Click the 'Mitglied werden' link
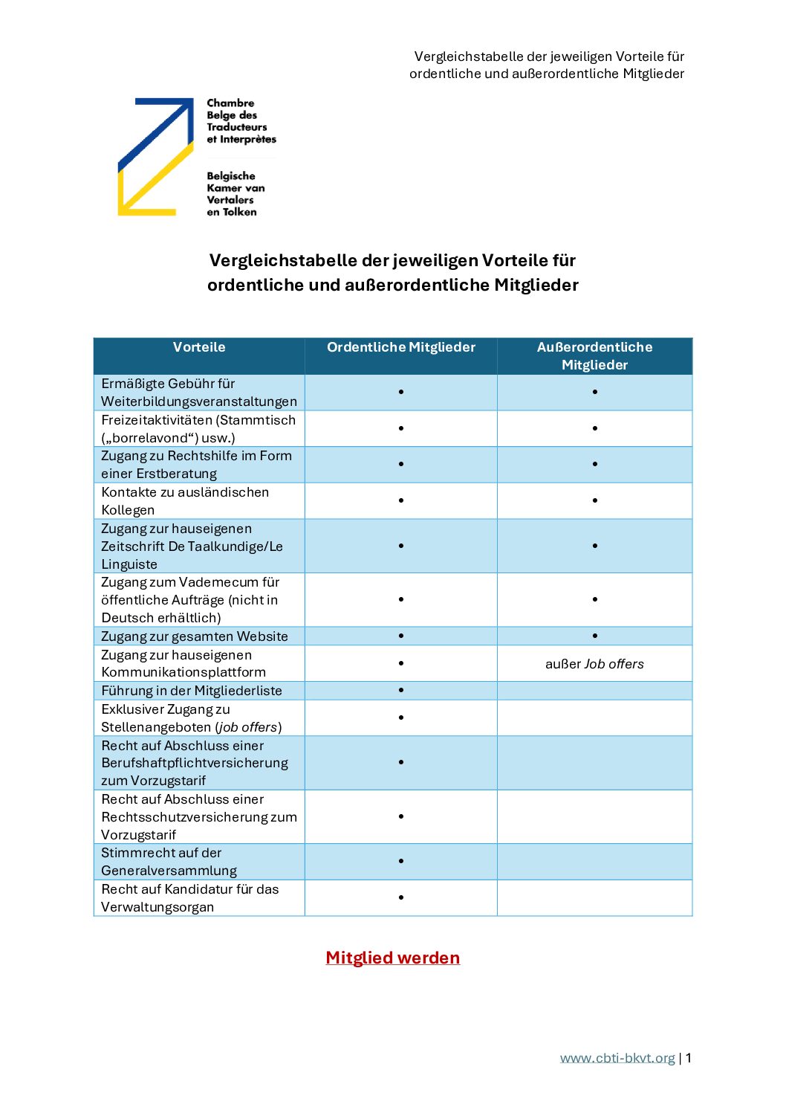392,958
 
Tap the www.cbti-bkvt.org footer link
617,1058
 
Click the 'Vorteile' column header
199,347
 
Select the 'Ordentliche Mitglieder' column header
401,347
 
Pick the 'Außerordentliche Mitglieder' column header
594,356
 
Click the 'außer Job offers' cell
594,664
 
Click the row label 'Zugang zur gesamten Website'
195,636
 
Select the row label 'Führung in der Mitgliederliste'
192,691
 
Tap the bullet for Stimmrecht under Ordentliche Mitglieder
401,861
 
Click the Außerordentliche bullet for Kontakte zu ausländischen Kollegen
595,500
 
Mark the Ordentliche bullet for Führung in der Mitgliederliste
401,691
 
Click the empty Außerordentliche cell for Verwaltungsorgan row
594,897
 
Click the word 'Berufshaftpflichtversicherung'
195,763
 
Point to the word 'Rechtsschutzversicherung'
185,817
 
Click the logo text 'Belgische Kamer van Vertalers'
236,194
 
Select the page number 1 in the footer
689,1058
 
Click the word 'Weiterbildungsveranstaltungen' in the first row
199,401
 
